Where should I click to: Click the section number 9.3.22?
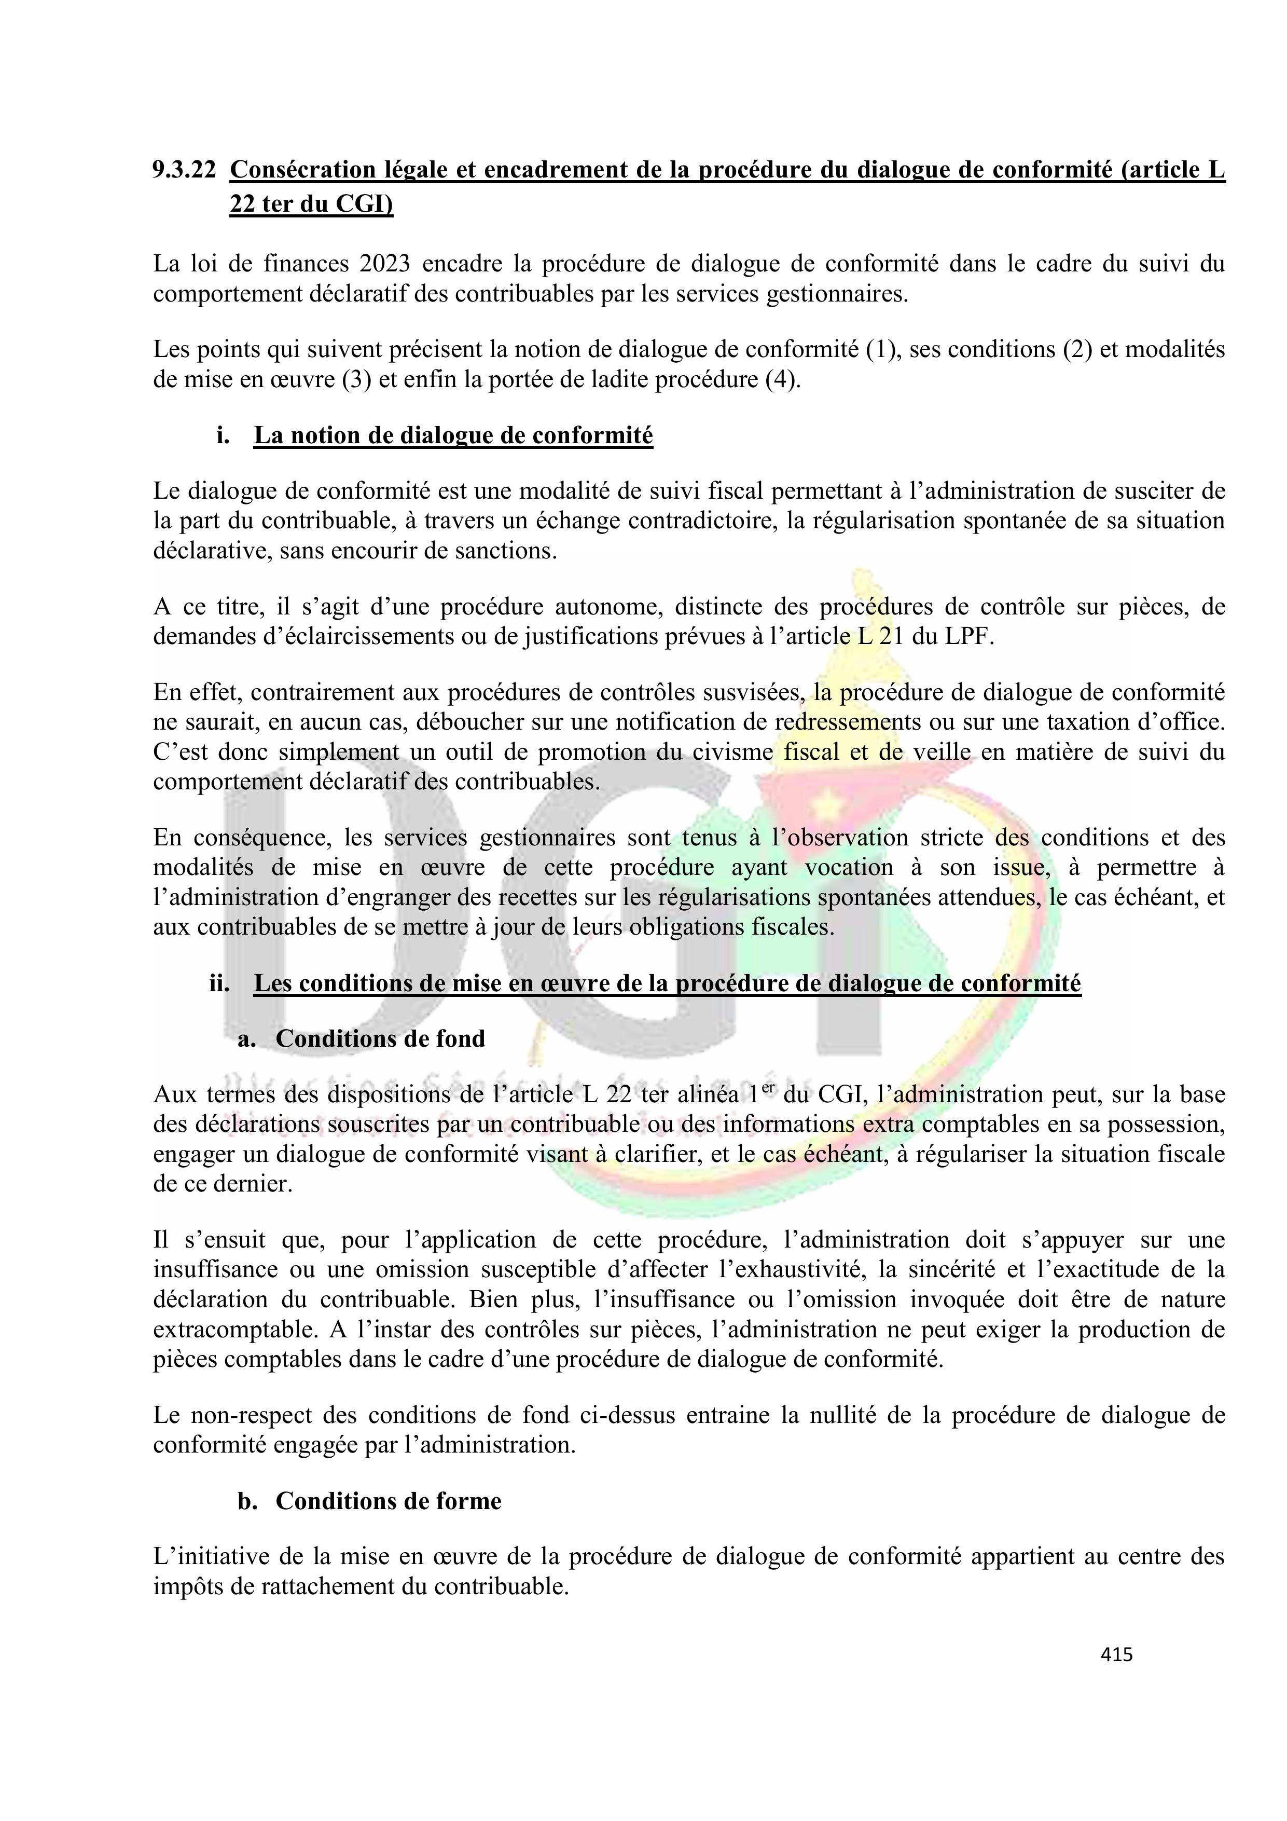pos(184,170)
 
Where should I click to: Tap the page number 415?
pos(1116,1654)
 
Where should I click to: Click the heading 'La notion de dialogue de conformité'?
pos(453,435)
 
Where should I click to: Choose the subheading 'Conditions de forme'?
pos(388,1501)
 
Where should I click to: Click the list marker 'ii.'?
pos(219,983)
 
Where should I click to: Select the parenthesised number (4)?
pos(783,380)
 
